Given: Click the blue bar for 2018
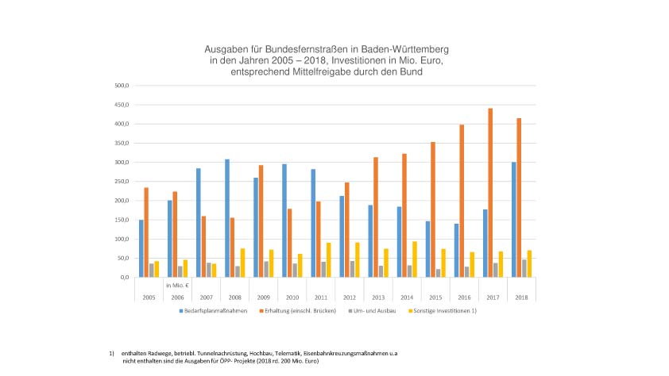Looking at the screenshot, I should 513,220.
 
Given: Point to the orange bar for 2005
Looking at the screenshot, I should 146,232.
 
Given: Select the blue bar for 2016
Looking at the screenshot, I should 456,250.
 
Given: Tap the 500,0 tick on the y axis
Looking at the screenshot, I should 122,86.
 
